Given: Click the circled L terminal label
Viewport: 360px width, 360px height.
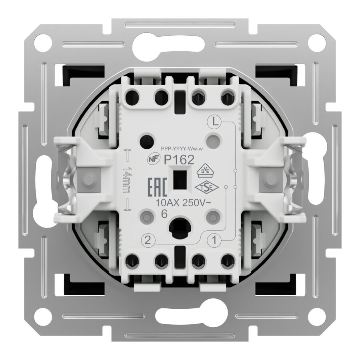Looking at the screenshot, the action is pos(214,122).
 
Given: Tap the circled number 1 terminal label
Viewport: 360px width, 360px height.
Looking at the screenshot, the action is pos(214,240).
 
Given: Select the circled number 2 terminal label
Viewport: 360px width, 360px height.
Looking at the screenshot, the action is pos(148,240).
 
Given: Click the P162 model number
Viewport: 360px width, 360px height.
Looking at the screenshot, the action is pos(179,160).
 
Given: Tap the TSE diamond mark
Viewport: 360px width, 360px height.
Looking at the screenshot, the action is pos(207,187).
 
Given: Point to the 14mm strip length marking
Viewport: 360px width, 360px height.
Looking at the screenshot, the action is pos(127,180).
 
